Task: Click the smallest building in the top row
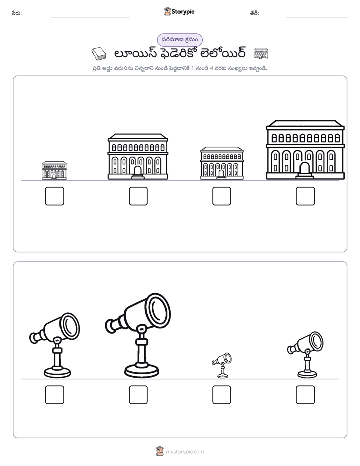[54, 170]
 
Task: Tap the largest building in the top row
[306, 149]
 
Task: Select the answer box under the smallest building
[54, 196]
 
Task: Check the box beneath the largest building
[306, 196]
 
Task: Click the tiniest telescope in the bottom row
[222, 365]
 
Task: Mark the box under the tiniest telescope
[222, 395]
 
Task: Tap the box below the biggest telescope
[138, 395]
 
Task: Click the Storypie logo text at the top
[183, 12]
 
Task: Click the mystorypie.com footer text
[185, 452]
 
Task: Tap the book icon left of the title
[99, 54]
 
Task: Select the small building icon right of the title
[261, 54]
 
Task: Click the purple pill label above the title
[179, 40]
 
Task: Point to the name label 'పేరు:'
[17, 13]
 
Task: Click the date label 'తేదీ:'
[254, 13]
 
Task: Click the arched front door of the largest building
[305, 169]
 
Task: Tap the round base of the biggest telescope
[142, 370]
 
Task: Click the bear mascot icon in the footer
[160, 451]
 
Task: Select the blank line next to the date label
[317, 17]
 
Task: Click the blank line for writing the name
[90, 17]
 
